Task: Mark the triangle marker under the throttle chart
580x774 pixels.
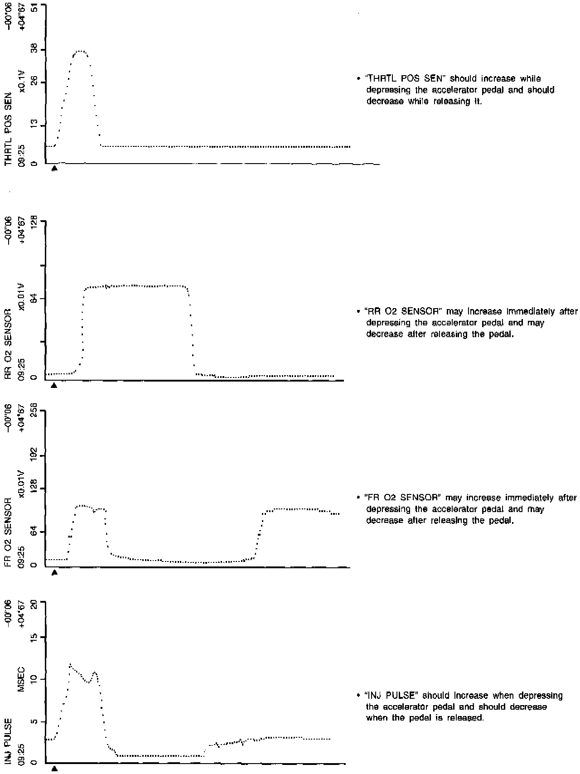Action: pyautogui.click(x=54, y=168)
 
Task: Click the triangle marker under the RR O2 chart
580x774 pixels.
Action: pyautogui.click(x=54, y=385)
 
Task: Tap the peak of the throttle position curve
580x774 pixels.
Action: pyautogui.click(x=81, y=51)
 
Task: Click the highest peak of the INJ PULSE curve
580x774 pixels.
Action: pyautogui.click(x=70, y=665)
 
